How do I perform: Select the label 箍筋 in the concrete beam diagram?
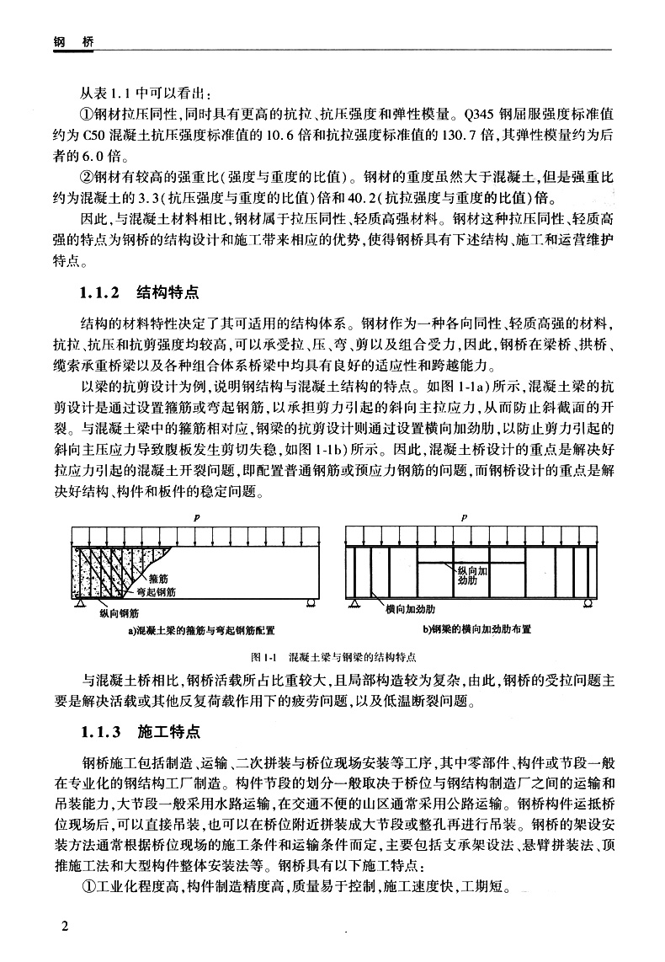click(158, 579)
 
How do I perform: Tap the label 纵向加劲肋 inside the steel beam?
click(471, 575)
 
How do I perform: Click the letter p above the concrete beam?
click(196, 517)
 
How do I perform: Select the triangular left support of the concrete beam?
click(80, 603)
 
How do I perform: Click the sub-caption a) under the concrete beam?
click(130, 629)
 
